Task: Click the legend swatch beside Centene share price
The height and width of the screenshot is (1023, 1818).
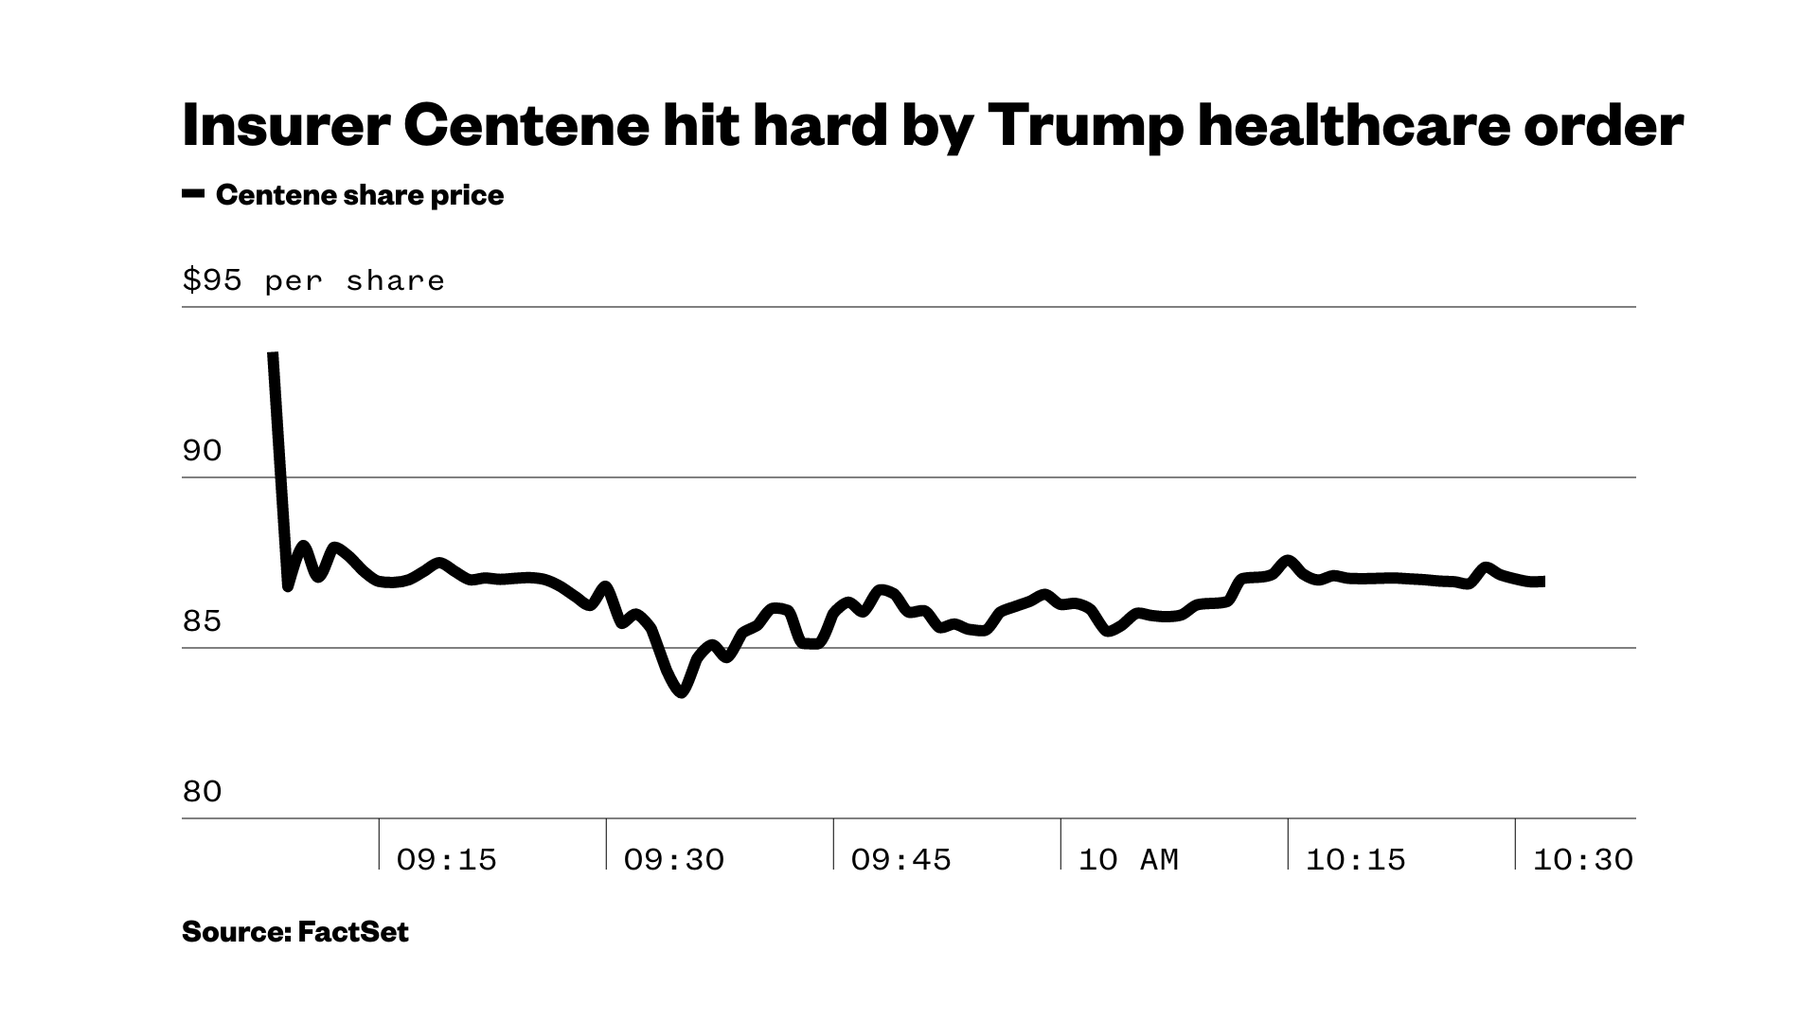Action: [x=193, y=194]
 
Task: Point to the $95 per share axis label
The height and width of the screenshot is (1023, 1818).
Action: [x=313, y=280]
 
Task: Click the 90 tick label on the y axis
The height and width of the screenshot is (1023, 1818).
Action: [x=202, y=451]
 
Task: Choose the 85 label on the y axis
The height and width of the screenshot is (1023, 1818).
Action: [x=202, y=621]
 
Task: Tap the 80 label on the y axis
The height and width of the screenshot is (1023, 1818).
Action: [x=202, y=792]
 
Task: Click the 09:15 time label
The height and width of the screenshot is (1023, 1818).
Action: [x=446, y=859]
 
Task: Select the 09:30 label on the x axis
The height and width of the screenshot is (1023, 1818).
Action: [x=673, y=859]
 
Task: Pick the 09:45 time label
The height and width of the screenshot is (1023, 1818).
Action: [x=900, y=859]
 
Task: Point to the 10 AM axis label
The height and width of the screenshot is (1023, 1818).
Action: [x=1128, y=859]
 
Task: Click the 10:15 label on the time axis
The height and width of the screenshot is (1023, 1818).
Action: [x=1355, y=859]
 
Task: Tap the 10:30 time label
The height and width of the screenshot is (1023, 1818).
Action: [x=1582, y=859]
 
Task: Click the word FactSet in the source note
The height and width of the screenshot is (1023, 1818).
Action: [x=353, y=932]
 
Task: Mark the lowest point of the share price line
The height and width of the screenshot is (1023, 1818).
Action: [x=682, y=692]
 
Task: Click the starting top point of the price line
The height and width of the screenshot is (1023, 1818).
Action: [x=273, y=354]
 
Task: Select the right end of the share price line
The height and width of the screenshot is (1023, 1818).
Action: [x=1543, y=581]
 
